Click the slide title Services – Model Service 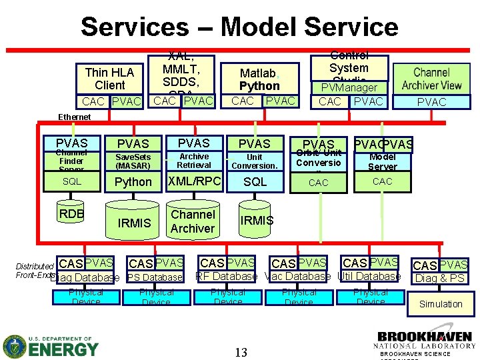point(239,27)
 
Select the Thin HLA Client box point(110,79)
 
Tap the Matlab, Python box point(259,79)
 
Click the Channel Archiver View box point(431,79)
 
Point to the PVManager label point(349,87)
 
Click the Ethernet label point(74,117)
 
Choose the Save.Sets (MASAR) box point(133,161)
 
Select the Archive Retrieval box point(194,161)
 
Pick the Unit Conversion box point(254,161)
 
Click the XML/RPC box point(194,181)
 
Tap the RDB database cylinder point(71,216)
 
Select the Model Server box point(382,162)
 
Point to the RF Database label point(226,276)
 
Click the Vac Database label point(297,276)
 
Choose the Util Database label point(369,276)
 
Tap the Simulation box point(440,304)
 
